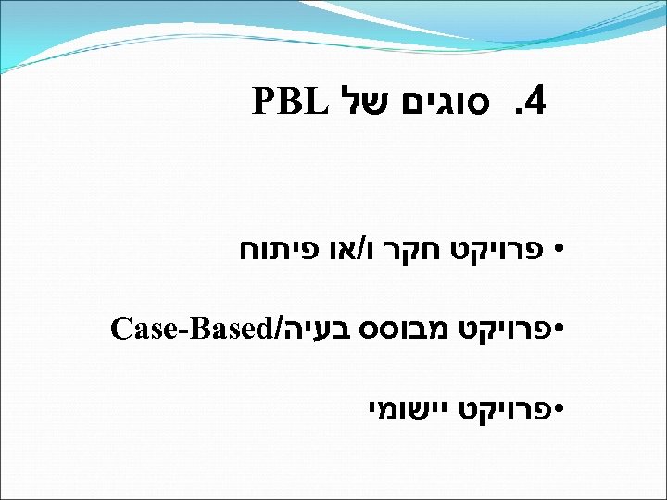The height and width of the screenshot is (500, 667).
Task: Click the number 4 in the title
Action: [x=535, y=101]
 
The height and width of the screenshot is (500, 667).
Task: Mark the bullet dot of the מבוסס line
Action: [x=558, y=329]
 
